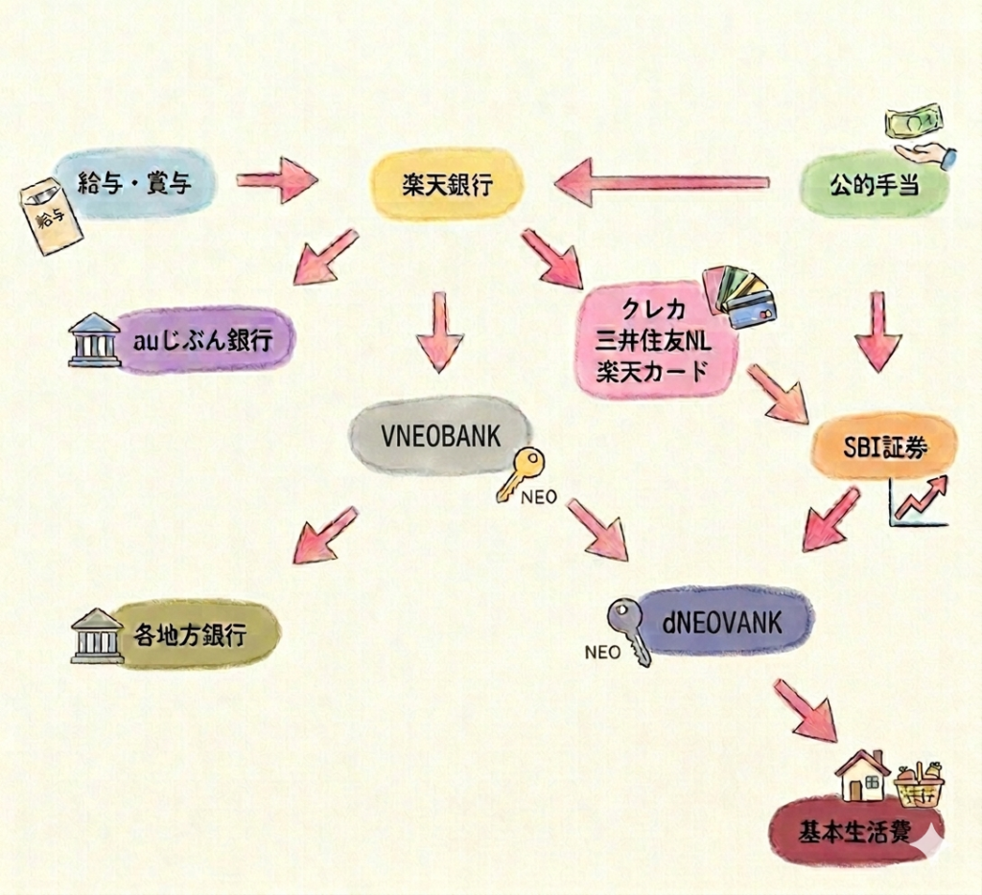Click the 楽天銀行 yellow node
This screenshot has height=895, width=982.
447,183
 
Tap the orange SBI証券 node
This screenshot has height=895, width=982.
883,447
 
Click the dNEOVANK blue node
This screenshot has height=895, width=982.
721,623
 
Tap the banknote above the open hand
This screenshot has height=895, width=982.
913,121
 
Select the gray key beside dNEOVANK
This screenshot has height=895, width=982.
629,628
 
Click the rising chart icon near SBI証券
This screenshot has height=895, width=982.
919,500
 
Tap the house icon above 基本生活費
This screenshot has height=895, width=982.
862,775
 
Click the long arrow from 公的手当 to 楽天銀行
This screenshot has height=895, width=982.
662,182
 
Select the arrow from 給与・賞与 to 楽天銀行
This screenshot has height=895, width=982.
276,180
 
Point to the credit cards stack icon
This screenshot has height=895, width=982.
740,295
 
